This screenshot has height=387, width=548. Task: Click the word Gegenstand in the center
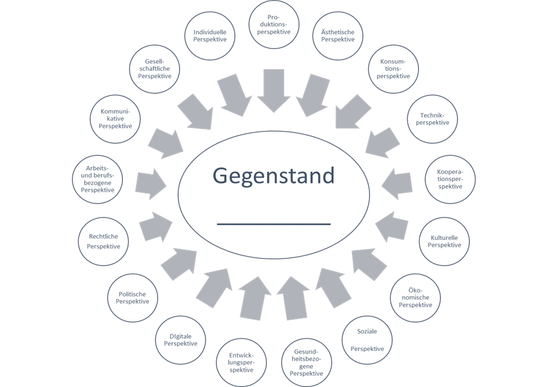pyautogui.click(x=274, y=176)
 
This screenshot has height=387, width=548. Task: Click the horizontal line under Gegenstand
pyautogui.click(x=274, y=224)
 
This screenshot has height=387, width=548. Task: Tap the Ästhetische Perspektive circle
pyautogui.click(x=338, y=36)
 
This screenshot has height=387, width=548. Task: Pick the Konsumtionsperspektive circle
pyautogui.click(x=393, y=69)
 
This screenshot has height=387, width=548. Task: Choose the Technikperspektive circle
pyautogui.click(x=432, y=119)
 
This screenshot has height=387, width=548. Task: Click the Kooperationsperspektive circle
pyautogui.click(x=450, y=178)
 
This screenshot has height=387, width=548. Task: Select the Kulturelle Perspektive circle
pyautogui.click(x=445, y=241)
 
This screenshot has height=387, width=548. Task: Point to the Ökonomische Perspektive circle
pyautogui.click(x=416, y=297)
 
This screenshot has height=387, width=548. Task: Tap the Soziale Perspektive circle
pyautogui.click(x=367, y=340)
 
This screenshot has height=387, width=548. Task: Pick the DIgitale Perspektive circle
pyautogui.click(x=181, y=340)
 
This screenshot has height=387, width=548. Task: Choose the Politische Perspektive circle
pyautogui.click(x=133, y=298)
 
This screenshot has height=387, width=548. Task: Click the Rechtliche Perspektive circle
pyautogui.click(x=103, y=241)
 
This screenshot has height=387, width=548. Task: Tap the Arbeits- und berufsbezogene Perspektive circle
pyautogui.click(x=98, y=179)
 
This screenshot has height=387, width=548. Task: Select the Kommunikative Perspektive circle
pyautogui.click(x=116, y=119)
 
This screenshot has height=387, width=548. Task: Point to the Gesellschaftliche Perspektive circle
pyautogui.click(x=154, y=68)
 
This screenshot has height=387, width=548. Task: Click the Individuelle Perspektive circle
pyautogui.click(x=209, y=36)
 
